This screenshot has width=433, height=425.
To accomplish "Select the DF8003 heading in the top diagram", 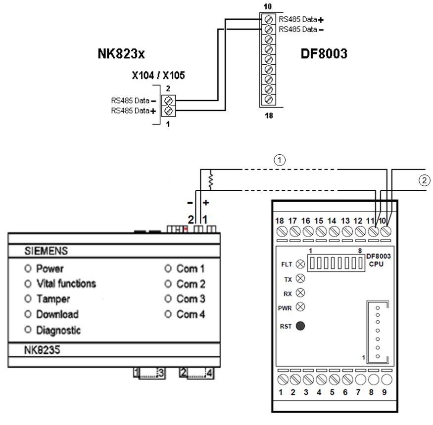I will [324, 54].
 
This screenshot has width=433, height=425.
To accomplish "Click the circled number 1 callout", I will [280, 160].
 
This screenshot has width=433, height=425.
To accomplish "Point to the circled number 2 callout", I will [423, 181].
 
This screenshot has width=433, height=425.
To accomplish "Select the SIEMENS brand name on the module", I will [46, 252].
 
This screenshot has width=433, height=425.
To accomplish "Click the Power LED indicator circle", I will [28, 269].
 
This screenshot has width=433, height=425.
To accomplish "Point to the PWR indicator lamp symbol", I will [300, 307].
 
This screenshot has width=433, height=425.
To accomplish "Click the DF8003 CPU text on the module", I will [378, 260].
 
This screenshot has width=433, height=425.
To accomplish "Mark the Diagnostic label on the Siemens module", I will [58, 330].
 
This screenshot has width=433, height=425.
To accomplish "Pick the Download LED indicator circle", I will [28, 314].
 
